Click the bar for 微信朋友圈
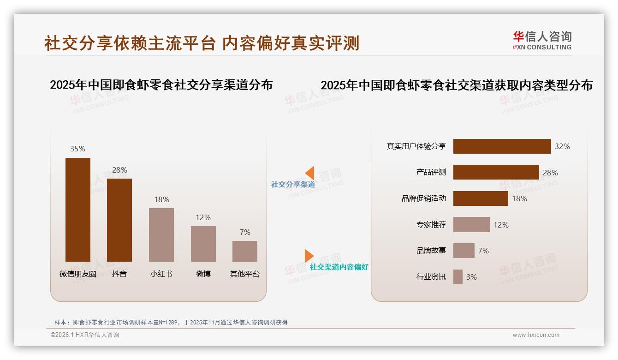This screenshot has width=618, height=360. point(78,210)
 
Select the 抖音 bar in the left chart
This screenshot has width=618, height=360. point(119,220)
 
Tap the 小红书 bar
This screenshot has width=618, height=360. point(161,234)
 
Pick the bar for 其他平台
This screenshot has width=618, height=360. point(245,251)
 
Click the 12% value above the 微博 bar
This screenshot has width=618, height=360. point(203,217)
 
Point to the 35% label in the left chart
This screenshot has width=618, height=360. point(77,149)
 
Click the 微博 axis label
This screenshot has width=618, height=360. point(203,274)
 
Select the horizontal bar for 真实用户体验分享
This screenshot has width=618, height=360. point(502,146)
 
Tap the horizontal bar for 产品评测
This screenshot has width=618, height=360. point(496,172)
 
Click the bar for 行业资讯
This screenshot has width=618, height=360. point(458,277)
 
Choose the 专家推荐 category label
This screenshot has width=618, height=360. point(431,225)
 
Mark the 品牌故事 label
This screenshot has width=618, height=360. point(431,251)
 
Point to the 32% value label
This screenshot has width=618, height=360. point(562,146)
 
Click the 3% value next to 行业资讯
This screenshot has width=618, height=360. point(471,277)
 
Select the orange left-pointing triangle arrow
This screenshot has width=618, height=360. point(310,173)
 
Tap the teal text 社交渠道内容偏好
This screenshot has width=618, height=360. point(339,267)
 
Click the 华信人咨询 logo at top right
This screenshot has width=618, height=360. point(542,40)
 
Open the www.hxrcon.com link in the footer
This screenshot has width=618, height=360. point(536,335)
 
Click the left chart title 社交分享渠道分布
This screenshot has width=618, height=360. point(161,85)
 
